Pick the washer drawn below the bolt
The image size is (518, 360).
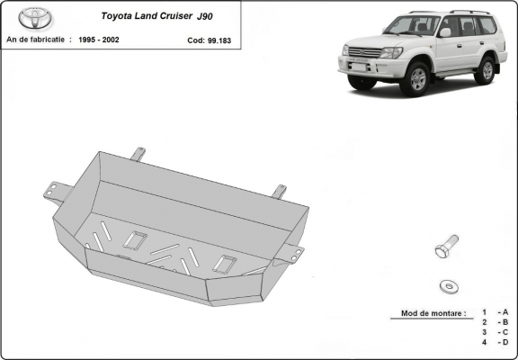(x=448, y=285)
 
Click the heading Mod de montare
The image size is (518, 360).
(x=429, y=314)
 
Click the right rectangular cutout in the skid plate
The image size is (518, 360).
(x=226, y=264)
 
